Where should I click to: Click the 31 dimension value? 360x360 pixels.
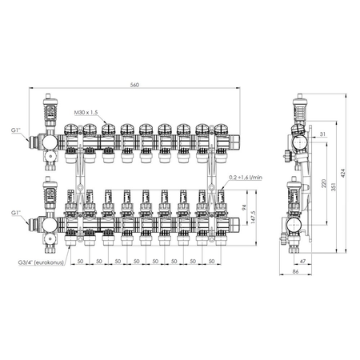coord(320,132)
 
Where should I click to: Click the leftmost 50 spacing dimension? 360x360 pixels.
coord(79,261)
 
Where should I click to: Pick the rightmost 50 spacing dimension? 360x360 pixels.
coord(214,261)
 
